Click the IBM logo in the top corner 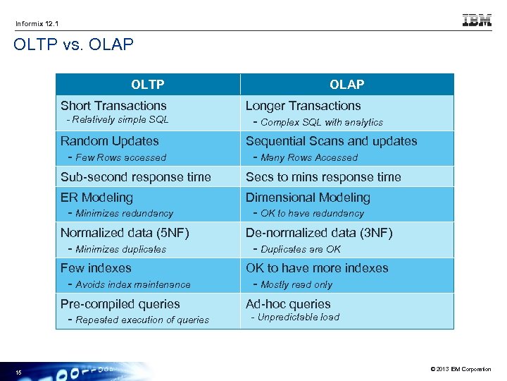point(477,20)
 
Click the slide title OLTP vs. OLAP point(73,45)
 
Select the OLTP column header point(148,85)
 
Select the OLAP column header point(347,85)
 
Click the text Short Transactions point(113,106)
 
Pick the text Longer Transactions point(303,106)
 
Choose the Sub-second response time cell point(135,177)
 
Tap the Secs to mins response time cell point(323,177)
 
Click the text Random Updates point(109,141)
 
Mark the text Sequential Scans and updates point(331,141)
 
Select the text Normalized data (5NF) point(125,233)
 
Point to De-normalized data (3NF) point(319,233)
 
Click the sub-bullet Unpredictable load point(299,317)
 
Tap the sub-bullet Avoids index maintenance point(132,285)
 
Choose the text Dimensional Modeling point(308,198)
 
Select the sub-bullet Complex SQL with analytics point(321,123)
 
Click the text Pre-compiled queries point(120,304)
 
